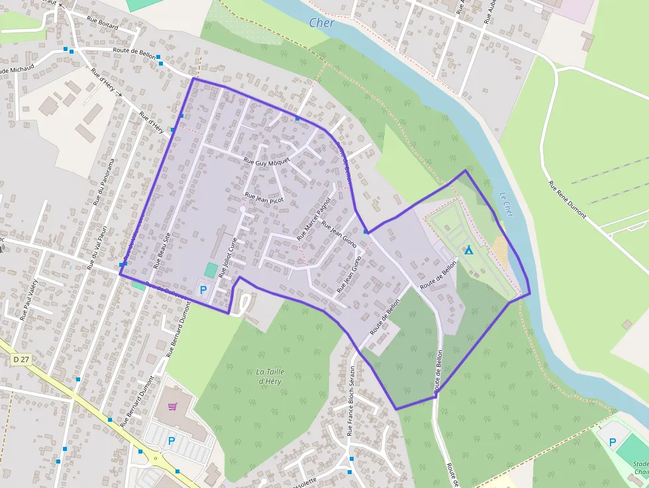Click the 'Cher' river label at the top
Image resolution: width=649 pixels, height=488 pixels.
pyautogui.click(x=322, y=23)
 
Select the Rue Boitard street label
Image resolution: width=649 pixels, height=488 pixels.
pyautogui.click(x=102, y=25)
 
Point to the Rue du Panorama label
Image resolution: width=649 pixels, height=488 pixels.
pyautogui.click(x=104, y=181)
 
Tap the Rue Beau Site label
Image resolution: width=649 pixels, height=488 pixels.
pyautogui.click(x=162, y=250)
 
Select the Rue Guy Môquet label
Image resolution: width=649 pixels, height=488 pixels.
pyautogui.click(x=268, y=162)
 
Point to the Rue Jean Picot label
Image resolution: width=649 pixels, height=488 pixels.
pyautogui.click(x=264, y=196)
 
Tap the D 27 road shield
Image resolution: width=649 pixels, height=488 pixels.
pyautogui.click(x=21, y=359)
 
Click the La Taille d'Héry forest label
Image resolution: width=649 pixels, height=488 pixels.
pyautogui.click(x=270, y=376)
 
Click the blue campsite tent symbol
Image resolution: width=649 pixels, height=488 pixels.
pyautogui.click(x=469, y=250)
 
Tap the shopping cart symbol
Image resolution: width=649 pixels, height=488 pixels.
pyautogui.click(x=173, y=407)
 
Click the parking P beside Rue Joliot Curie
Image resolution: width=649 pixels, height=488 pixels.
pyautogui.click(x=204, y=289)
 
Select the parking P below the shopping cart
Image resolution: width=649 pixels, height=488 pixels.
pyautogui.click(x=172, y=440)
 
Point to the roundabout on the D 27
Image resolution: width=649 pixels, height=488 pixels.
pyautogui.click(x=157, y=457)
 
